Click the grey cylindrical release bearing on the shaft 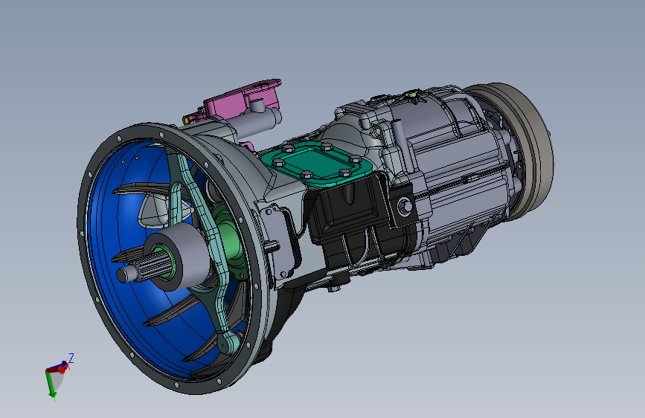pos(178,261)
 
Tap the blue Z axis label pos(71,358)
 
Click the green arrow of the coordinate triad pos(51,385)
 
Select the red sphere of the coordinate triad pos(62,369)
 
